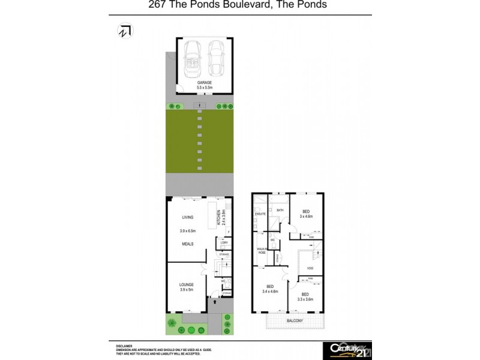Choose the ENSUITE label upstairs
[260, 214]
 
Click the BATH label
[280, 210]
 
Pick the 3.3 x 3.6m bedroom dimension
[305, 298]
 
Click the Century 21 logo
[346, 349]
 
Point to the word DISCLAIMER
[125, 346]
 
